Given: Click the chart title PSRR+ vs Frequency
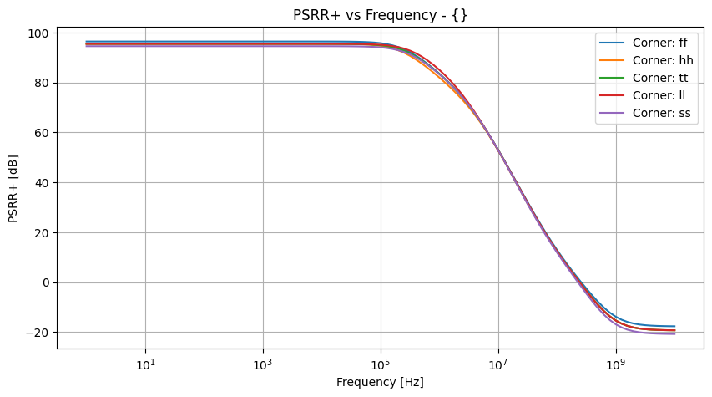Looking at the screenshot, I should click(380, 14).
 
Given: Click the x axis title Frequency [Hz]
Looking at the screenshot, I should click(380, 382).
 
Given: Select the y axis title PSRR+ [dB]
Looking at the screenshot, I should click(14, 183).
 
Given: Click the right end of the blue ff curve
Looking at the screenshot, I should click(674, 326).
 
